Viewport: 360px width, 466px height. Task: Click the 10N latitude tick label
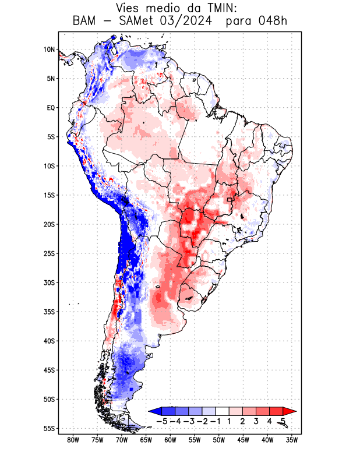49,50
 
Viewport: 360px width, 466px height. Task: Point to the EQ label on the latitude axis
50,108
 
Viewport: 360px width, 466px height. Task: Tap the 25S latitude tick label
49,253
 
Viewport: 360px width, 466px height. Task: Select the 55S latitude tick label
49,428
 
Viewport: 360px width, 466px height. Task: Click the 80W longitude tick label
73,440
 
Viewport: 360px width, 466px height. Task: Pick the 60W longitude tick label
170,440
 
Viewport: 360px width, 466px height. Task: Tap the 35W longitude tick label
292,440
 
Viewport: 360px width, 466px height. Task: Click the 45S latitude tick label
49,370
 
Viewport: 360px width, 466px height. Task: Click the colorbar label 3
256,421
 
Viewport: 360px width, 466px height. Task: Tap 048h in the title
272,22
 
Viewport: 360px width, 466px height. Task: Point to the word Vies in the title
131,9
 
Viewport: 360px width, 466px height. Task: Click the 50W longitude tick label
218,440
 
